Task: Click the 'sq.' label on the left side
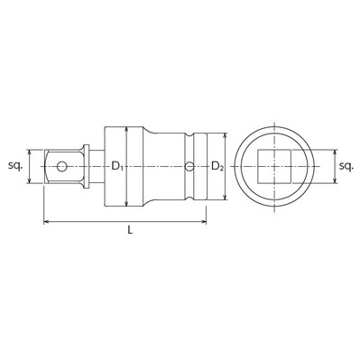tap(14, 167)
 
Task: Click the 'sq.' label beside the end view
tap(346, 167)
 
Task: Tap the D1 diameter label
tap(117, 167)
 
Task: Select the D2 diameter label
tap(217, 167)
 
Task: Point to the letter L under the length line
tap(130, 233)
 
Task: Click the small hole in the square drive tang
tap(61, 167)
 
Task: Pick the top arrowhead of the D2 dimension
tap(217, 136)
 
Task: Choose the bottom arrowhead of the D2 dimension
tap(217, 198)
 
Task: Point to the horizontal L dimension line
tap(90, 220)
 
